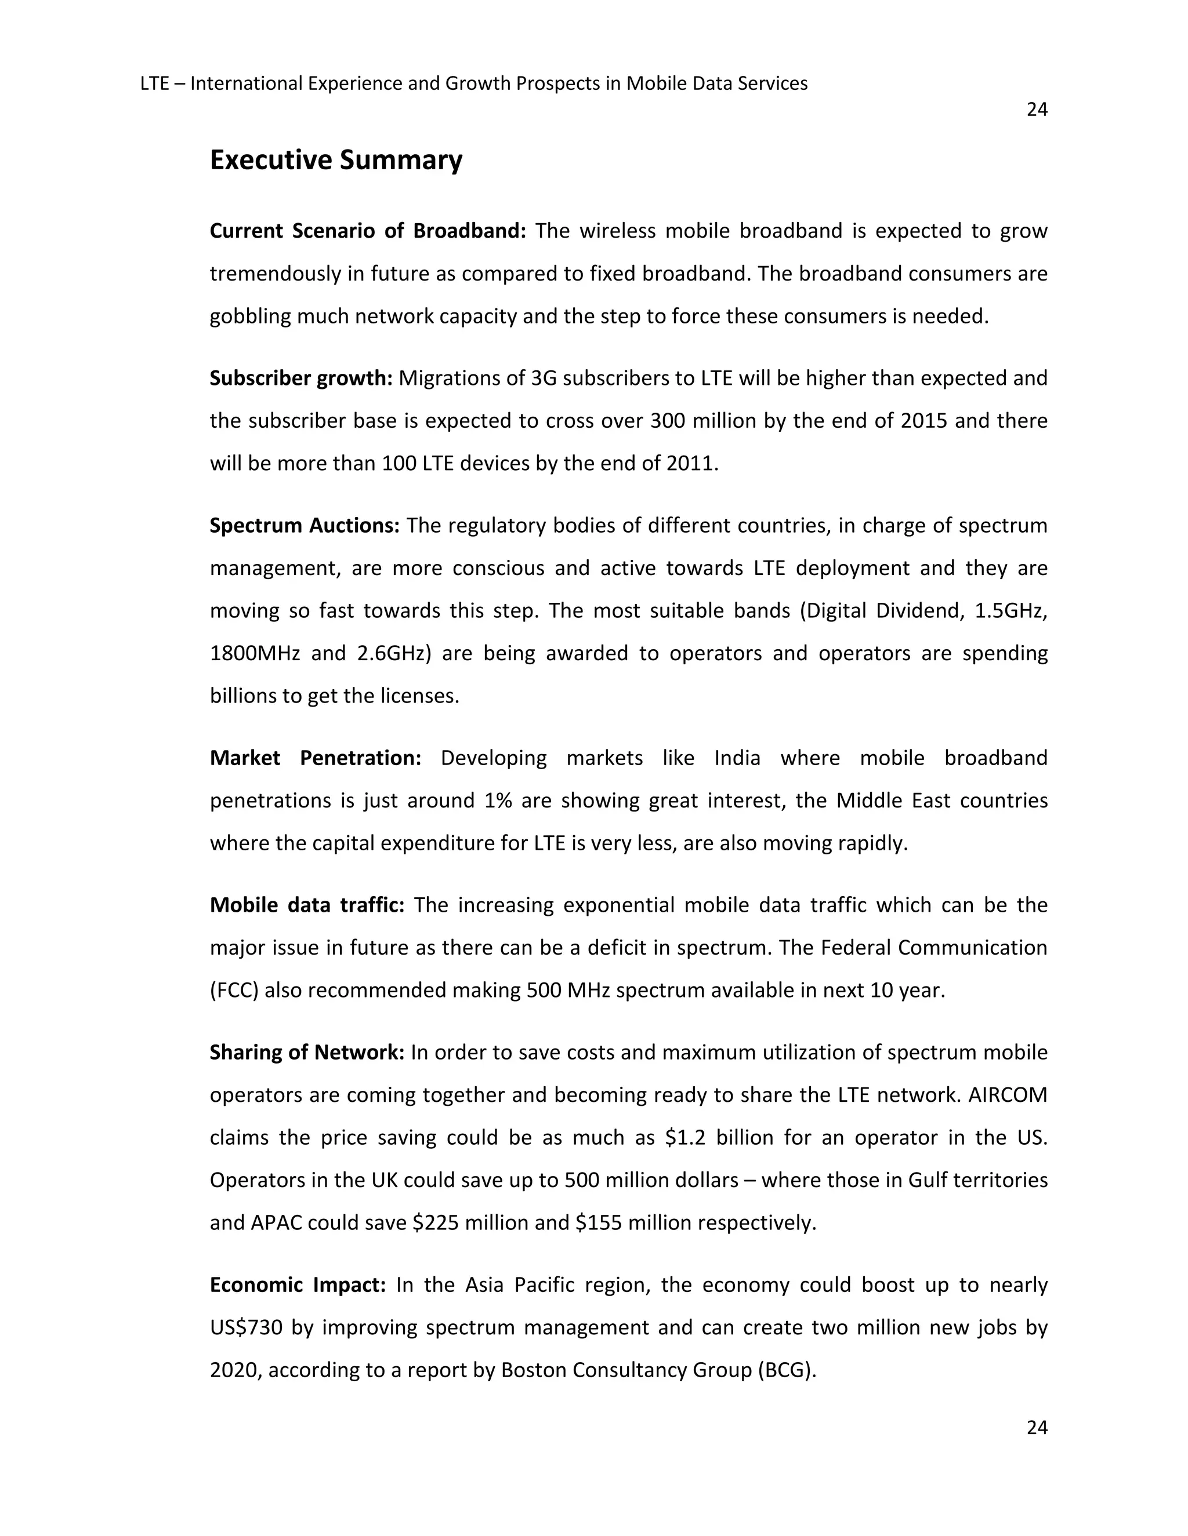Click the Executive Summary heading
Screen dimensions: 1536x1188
tap(336, 161)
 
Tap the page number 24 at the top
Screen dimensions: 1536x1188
tap(1037, 110)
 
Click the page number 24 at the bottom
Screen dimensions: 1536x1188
tap(1037, 1427)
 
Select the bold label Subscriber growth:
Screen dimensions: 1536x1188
tap(300, 378)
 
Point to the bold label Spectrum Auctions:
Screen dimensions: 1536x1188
tap(304, 525)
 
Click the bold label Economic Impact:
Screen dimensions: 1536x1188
tap(298, 1285)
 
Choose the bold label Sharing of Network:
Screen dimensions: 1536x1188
tap(307, 1052)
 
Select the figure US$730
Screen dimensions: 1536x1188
tap(247, 1328)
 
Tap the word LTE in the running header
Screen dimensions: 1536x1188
tap(154, 83)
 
